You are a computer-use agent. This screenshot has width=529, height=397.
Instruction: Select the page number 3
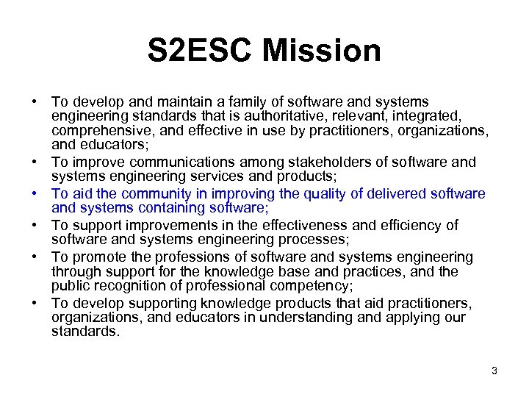(494, 371)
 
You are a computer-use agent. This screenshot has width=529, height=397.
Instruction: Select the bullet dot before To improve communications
(35, 162)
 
